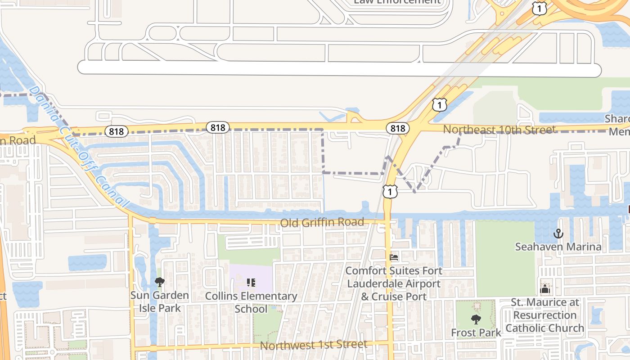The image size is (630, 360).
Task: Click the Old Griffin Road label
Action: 322,222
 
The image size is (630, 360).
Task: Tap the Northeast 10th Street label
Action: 499,130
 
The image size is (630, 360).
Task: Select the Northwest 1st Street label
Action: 314,345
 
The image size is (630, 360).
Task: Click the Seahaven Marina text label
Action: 558,247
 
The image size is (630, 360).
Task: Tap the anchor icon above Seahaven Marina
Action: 558,234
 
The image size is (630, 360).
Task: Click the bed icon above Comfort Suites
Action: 394,257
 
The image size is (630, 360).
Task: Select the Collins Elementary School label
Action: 251,302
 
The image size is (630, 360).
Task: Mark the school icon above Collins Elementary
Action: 251,283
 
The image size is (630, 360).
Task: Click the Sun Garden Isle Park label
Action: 159,301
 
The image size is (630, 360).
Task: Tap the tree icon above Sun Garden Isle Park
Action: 159,282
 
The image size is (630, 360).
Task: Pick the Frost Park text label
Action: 476,333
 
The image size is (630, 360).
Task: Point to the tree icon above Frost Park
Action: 476,319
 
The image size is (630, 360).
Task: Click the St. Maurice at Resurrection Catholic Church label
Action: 544,315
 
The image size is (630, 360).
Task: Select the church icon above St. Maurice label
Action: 545,288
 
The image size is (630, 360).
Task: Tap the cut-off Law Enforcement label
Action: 397,2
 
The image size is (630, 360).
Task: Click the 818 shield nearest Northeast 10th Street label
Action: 398,128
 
